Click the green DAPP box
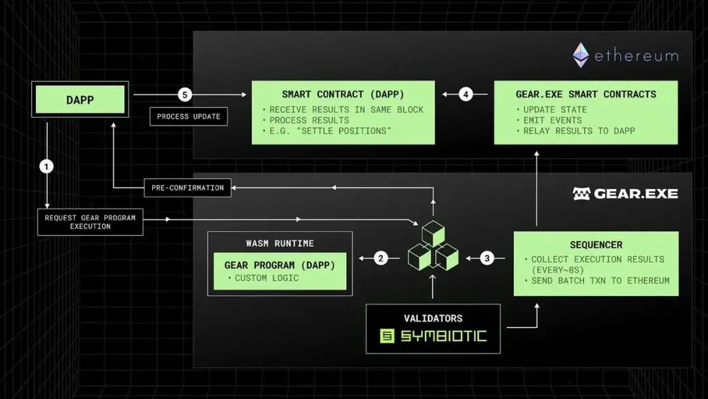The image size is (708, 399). point(80,100)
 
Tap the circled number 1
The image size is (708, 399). point(46,167)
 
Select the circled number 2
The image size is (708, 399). point(381,259)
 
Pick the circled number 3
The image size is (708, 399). point(486,259)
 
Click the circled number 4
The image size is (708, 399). point(465,94)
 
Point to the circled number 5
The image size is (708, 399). point(185,94)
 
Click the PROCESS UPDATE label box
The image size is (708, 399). point(189,116)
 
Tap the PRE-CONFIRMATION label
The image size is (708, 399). point(187,188)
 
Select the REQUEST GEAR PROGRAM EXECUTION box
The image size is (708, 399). point(90,222)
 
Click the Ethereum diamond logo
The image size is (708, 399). point(581,56)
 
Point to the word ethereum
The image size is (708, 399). point(636,56)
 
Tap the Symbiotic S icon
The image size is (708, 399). point(387,337)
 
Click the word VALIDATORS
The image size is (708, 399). point(433,318)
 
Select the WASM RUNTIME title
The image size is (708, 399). point(280,243)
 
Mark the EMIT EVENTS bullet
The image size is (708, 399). point(552,120)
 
